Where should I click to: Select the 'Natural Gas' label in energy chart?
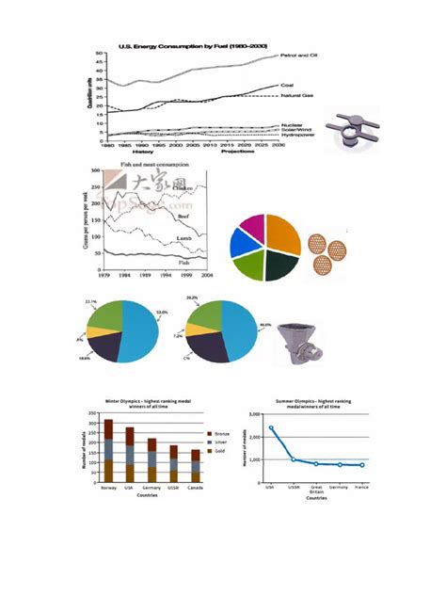300,96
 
